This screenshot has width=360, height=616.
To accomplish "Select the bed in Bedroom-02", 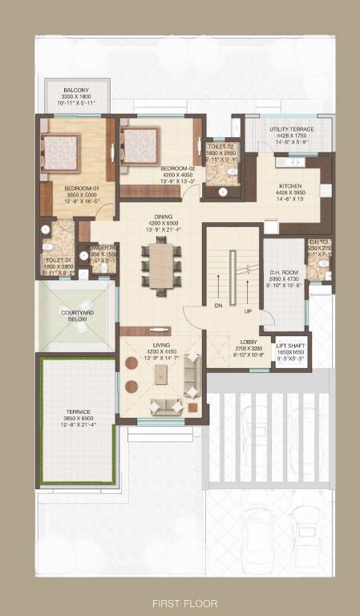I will point(140,146).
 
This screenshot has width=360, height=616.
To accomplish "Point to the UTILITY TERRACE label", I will point(291,129).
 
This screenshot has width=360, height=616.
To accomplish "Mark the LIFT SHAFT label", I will point(289,337).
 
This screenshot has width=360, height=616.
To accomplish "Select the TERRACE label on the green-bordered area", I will point(78,411).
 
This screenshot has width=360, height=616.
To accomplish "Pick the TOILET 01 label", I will point(59,259).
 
